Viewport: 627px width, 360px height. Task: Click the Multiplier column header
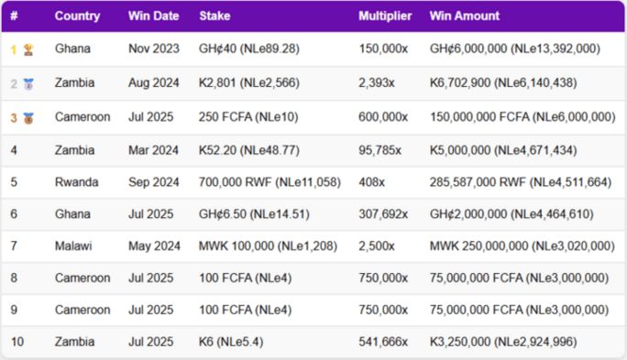coord(385,16)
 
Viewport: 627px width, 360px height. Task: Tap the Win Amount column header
coord(465,16)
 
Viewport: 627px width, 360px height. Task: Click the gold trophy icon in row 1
coord(27,49)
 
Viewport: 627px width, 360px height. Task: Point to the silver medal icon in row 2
coord(27,83)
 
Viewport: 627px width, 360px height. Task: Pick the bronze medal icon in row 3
coord(27,117)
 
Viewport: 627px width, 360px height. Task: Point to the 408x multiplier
coord(370,182)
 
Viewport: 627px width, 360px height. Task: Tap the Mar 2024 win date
coord(151,149)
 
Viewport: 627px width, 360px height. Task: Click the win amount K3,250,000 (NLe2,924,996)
coord(515,342)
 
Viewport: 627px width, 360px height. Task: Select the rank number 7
coord(14,245)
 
